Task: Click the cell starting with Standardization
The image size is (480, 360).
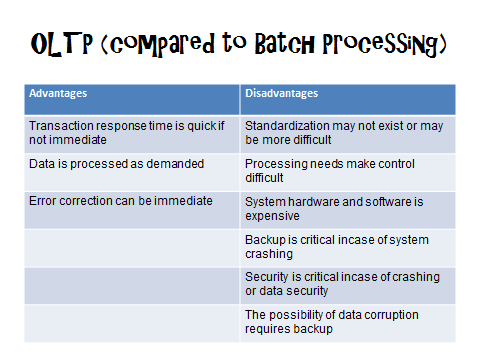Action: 348,133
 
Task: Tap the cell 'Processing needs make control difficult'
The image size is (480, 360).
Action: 348,170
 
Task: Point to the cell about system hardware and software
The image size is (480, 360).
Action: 348,208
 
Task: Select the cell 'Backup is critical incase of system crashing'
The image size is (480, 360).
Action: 348,246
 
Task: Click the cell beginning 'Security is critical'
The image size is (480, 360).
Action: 348,284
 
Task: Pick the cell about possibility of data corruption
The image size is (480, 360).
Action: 348,322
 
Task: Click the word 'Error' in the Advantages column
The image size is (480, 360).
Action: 43,200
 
